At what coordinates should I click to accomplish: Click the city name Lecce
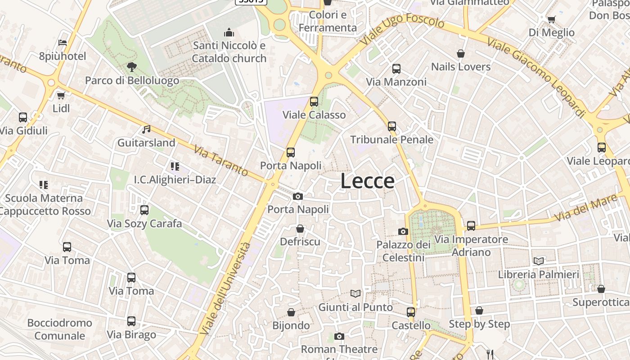pos(367,181)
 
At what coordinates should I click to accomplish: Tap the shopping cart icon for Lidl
pos(61,95)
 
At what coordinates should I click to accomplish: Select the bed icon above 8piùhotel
pos(63,43)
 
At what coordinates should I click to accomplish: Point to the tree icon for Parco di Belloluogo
pos(132,67)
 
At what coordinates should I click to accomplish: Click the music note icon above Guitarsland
pos(146,130)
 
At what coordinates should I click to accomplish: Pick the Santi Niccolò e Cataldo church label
pos(229,52)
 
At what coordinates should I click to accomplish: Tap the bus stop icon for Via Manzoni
pos(396,69)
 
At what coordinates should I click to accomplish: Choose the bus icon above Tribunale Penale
pos(392,126)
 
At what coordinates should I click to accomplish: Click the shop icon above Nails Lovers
pos(461,54)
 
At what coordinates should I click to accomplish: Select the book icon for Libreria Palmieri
pos(538,261)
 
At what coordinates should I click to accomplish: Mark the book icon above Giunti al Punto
pos(355,294)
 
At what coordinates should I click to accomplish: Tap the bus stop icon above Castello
pos(410,312)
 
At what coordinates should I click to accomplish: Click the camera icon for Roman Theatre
pos(339,336)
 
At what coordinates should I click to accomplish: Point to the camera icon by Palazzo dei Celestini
pos(403,232)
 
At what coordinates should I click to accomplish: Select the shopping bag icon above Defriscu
pos(300,229)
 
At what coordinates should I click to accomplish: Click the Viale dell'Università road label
pos(225,288)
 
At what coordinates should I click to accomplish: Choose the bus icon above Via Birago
pos(131,321)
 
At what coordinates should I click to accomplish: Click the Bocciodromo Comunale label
pos(59,329)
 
